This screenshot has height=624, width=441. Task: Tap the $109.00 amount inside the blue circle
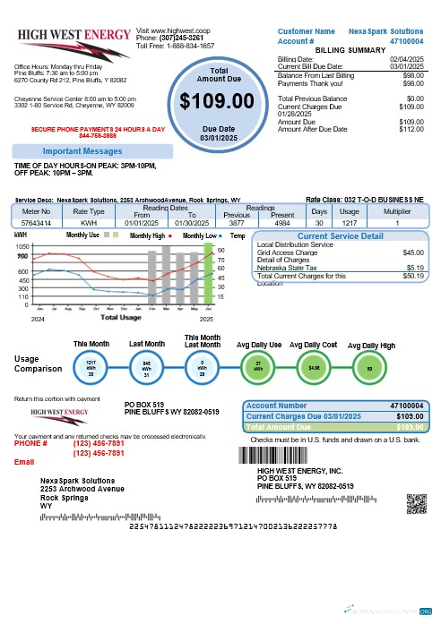(208, 102)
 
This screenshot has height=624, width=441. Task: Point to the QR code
(414, 505)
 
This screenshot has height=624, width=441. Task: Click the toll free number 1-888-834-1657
(188, 44)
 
